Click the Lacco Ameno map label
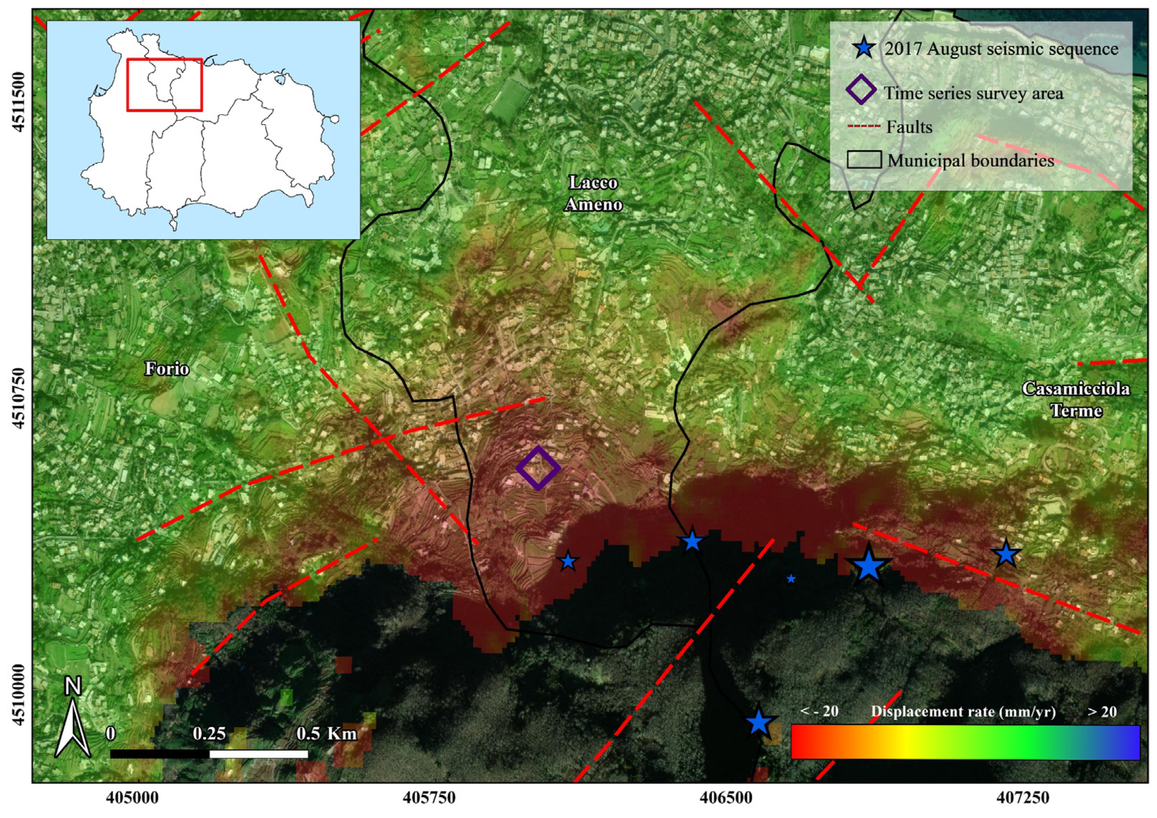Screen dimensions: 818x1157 point(593,194)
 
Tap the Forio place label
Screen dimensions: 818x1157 point(167,368)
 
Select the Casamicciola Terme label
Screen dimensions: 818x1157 point(1075,400)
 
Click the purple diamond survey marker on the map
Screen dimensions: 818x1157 point(538,468)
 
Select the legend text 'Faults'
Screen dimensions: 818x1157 point(909,127)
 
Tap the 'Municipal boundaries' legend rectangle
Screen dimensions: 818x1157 point(864,160)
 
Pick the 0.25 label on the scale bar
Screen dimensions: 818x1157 point(209,733)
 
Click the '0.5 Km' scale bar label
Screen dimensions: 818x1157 point(327,733)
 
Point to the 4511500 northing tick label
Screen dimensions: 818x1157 point(19,102)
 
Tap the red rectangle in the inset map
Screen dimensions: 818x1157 point(164,85)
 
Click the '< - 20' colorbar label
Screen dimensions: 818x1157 point(819,711)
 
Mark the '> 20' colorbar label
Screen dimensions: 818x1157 point(1102,711)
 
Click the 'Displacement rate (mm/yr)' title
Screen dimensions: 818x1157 point(963,711)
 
